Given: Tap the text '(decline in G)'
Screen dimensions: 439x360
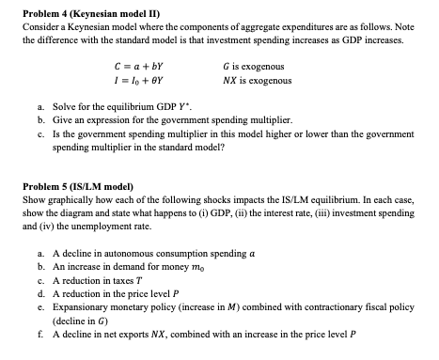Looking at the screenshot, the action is [84, 319].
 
